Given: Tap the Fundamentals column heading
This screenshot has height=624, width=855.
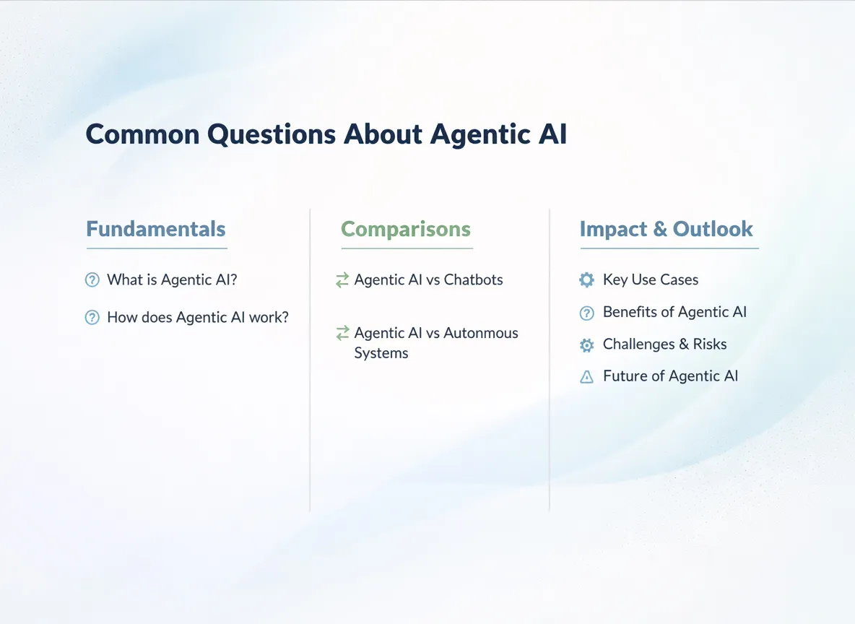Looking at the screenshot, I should pyautogui.click(x=156, y=229).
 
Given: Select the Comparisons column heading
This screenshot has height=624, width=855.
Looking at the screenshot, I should pyautogui.click(x=406, y=229).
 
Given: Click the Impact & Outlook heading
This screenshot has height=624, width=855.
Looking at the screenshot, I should pyautogui.click(x=667, y=229).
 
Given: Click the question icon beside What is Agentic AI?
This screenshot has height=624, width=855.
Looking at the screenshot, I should pyautogui.click(x=92, y=279).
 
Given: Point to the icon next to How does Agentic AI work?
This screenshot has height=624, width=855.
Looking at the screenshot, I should pyautogui.click(x=92, y=317).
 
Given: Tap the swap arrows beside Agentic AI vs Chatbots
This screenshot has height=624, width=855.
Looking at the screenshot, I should pyautogui.click(x=342, y=279).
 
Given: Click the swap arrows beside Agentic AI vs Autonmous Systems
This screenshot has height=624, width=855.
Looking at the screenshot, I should pyautogui.click(x=342, y=333).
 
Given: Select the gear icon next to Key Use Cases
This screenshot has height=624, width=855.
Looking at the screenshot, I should pyautogui.click(x=587, y=279).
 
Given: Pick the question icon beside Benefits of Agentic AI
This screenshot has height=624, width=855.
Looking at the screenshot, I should pyautogui.click(x=587, y=313).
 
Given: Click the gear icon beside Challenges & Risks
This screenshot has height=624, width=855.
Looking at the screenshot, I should pyautogui.click(x=587, y=345).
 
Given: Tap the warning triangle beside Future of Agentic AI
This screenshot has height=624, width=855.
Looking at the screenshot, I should pyautogui.click(x=587, y=376).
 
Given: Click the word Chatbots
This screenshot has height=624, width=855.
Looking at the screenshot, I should pyautogui.click(x=474, y=279).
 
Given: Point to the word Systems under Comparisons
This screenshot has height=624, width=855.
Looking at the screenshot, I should pyautogui.click(x=381, y=353).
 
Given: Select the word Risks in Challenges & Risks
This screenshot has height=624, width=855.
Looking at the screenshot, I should pyautogui.click(x=710, y=344).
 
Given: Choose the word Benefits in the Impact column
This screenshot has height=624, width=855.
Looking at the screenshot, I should pyautogui.click(x=630, y=312).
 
